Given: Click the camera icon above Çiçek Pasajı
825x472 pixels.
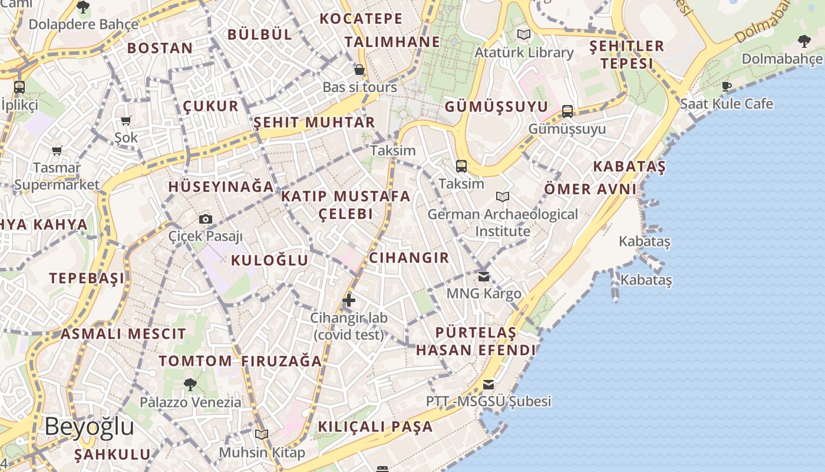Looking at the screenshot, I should coord(206,219).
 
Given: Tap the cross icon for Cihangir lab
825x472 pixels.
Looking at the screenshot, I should coord(349,300).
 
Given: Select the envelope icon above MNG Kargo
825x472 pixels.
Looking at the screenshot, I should coord(484,276).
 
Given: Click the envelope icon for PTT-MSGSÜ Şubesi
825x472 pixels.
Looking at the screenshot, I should coord(489,385).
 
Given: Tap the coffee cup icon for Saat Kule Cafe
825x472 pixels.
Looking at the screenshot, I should coord(727,86).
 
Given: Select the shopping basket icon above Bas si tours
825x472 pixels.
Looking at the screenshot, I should coord(359,70).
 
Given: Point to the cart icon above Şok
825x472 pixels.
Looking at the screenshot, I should coord(126,121).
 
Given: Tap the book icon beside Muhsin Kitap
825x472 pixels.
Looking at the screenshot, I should coord(262,434).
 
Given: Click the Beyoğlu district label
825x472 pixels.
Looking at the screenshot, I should coord(90,426).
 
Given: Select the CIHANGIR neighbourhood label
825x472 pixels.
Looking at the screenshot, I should coord(409,258).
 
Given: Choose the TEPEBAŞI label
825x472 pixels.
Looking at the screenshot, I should coord(87,278).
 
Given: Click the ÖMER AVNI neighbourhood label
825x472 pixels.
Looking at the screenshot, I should coord(590,189).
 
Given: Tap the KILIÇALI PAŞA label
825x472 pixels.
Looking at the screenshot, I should coord(375,427).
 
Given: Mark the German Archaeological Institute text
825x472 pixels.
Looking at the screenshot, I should coord(503,222).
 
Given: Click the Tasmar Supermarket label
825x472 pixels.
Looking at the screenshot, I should coord(57,176).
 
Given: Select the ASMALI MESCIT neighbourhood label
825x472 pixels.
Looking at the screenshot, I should coord(123,334).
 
